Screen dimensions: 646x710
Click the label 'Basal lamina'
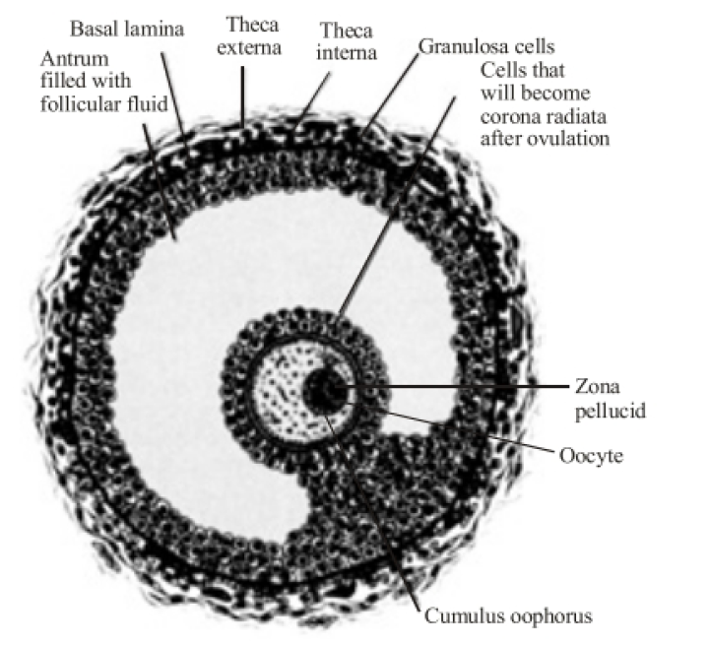pyautogui.click(x=126, y=29)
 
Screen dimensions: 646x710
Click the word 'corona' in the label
pyautogui.click(x=506, y=116)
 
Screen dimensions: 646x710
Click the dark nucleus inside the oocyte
pyautogui.click(x=326, y=388)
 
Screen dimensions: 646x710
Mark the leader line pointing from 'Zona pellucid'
pyautogui.click(x=463, y=386)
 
